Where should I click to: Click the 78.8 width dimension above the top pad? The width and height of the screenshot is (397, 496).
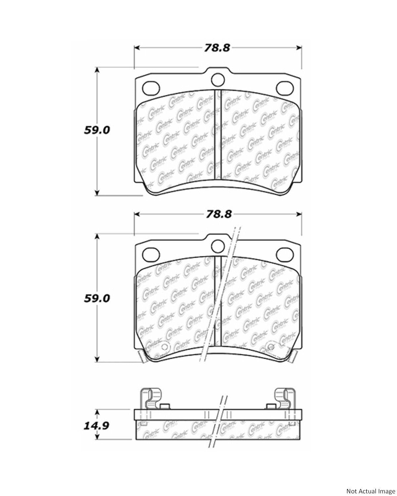pyautogui.click(x=217, y=48)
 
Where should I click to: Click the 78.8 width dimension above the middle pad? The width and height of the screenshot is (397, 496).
pyautogui.click(x=217, y=214)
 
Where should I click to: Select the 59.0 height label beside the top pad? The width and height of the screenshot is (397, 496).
pyautogui.click(x=97, y=130)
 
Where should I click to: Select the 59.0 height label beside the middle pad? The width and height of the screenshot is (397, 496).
pyautogui.click(x=97, y=298)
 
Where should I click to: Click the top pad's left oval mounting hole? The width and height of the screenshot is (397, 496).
pyautogui.click(x=151, y=88)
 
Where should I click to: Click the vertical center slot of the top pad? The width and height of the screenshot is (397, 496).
pyautogui.click(x=217, y=134)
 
